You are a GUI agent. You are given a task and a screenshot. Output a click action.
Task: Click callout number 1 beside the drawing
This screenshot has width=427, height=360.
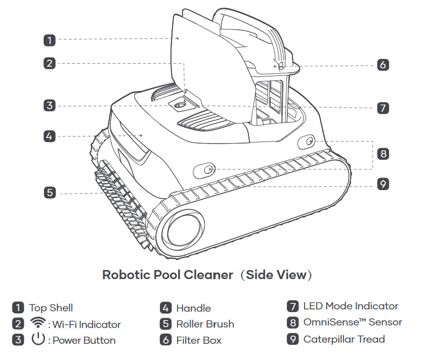click(x=49, y=39)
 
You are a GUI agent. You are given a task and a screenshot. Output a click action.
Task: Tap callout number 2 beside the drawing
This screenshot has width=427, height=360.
click(x=49, y=63)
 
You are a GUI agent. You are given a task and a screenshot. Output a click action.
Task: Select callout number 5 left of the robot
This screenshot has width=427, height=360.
click(x=49, y=192)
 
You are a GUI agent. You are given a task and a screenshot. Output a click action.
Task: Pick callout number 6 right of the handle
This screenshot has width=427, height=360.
click(x=382, y=65)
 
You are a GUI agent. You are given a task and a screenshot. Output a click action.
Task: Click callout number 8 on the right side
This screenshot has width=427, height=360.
click(x=382, y=154)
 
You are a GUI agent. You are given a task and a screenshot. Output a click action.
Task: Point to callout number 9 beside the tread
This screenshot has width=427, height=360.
click(x=382, y=184)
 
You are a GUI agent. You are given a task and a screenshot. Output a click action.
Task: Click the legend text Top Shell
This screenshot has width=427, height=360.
click(x=51, y=307)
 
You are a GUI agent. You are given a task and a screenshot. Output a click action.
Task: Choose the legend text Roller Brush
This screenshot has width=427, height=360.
click(x=205, y=324)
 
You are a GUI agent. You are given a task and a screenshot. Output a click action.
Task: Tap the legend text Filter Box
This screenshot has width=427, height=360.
click(x=199, y=340)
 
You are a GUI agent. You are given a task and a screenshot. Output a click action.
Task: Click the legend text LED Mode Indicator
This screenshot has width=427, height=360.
click(x=351, y=306)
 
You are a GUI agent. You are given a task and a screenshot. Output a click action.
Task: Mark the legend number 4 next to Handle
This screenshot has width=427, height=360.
click(x=166, y=308)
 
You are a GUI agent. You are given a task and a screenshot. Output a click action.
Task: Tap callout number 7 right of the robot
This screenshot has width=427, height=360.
click(x=382, y=107)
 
